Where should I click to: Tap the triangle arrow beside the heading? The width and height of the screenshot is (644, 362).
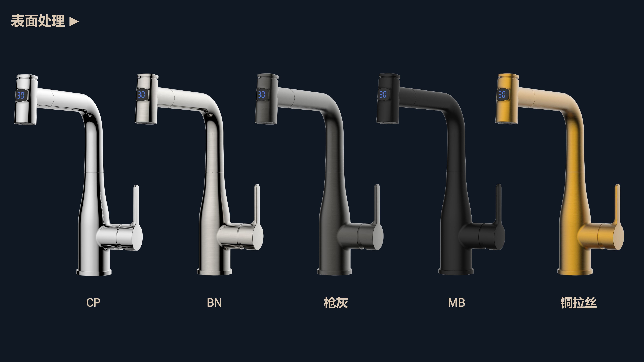tap(74, 22)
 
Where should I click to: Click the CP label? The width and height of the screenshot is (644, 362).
tap(93, 302)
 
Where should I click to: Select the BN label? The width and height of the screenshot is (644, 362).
tap(214, 302)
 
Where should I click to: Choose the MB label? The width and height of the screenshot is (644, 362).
tap(456, 302)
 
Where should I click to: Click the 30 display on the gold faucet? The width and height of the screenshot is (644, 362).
tap(502, 94)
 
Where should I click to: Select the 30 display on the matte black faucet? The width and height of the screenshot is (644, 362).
tap(383, 94)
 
